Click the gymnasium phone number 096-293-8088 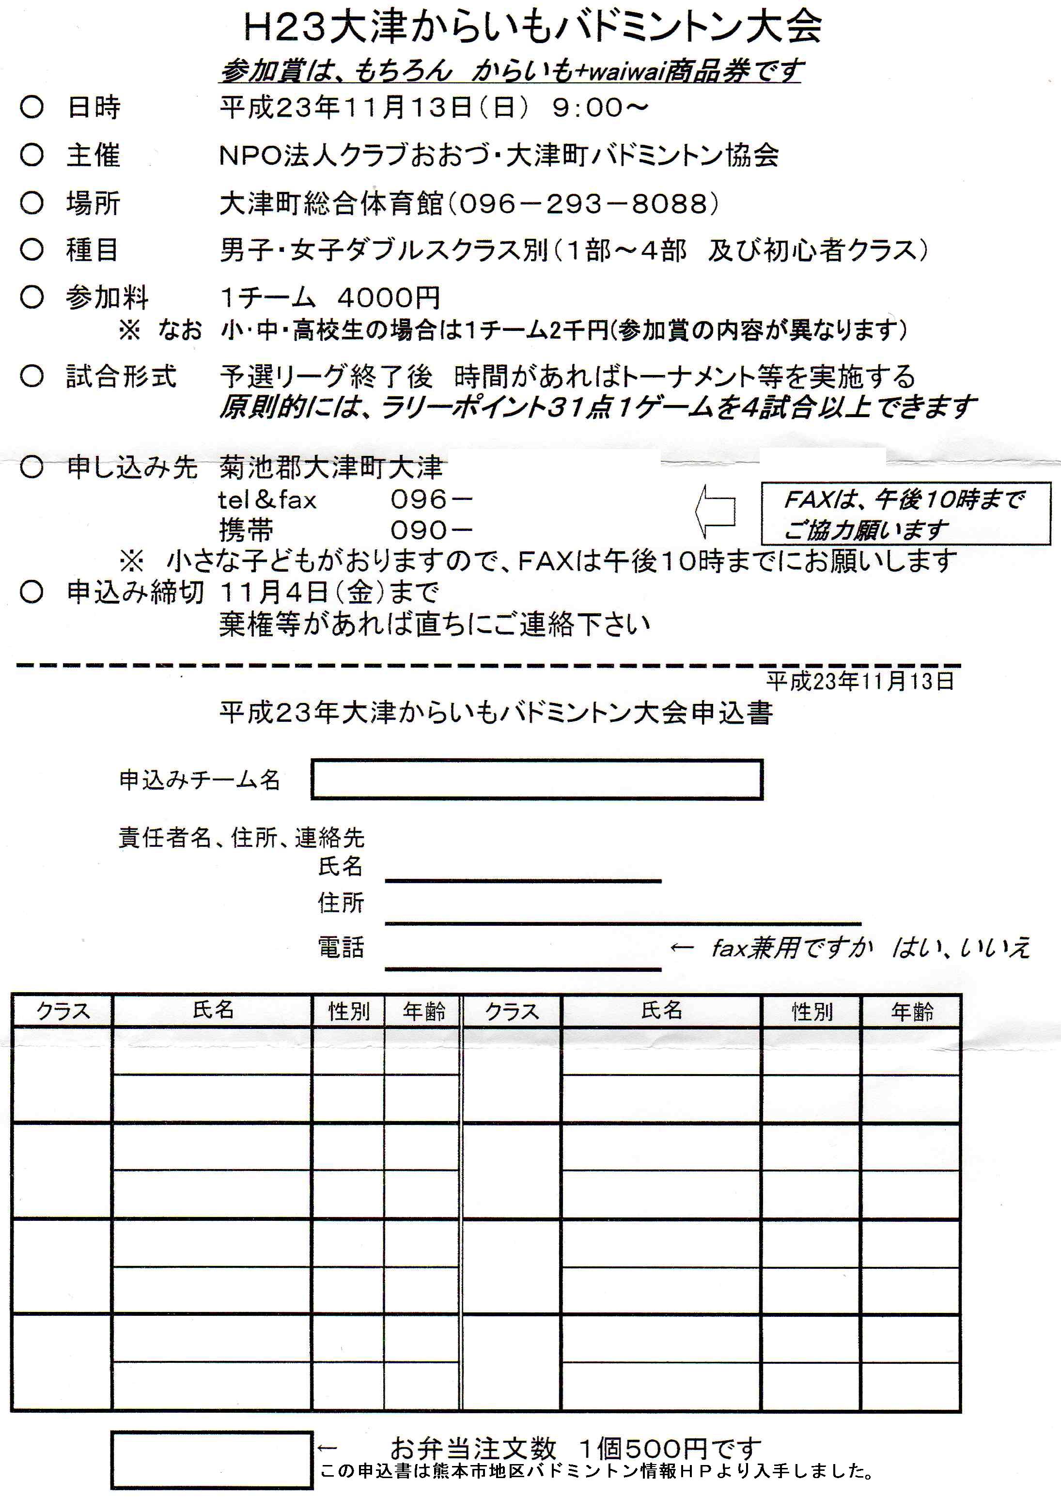coord(583,204)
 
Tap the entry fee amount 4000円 coord(389,298)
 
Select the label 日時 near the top coord(94,107)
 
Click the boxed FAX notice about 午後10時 coord(905,514)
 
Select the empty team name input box coord(536,779)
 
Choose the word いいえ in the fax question coord(994,948)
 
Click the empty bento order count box coord(211,1461)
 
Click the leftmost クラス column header coord(62,1011)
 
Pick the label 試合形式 coord(121,376)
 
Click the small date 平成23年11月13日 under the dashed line coord(860,681)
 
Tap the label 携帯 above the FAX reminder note coord(246,530)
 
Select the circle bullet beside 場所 coord(31,203)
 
